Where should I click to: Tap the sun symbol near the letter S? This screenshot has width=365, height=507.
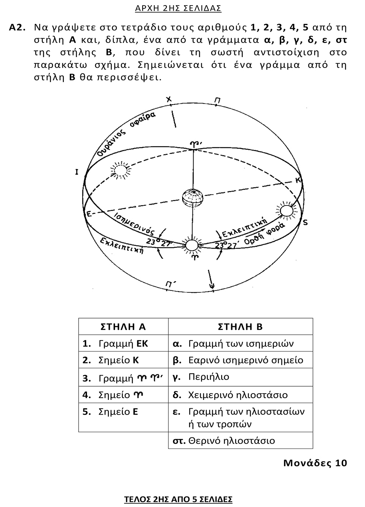pos(286,211)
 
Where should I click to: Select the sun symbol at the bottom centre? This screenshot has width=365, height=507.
pos(192,245)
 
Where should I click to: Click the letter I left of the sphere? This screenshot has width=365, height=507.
pos(77,172)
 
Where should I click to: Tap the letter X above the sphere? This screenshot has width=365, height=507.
pos(169,99)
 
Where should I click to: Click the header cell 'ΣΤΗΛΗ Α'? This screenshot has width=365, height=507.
pos(123,327)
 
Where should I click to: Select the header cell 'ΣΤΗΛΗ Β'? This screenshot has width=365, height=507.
pos(240,327)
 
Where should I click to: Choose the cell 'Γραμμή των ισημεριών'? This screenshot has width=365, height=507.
pos(241,344)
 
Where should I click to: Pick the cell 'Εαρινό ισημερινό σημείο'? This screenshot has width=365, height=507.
pos(246,360)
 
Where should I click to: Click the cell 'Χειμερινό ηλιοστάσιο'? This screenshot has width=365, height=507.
pos(238,395)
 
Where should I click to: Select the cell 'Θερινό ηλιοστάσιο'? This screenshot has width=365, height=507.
pos(232,440)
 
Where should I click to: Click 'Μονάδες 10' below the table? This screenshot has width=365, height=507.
pos(315,463)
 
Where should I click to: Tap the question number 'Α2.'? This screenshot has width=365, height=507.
pos(17,28)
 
